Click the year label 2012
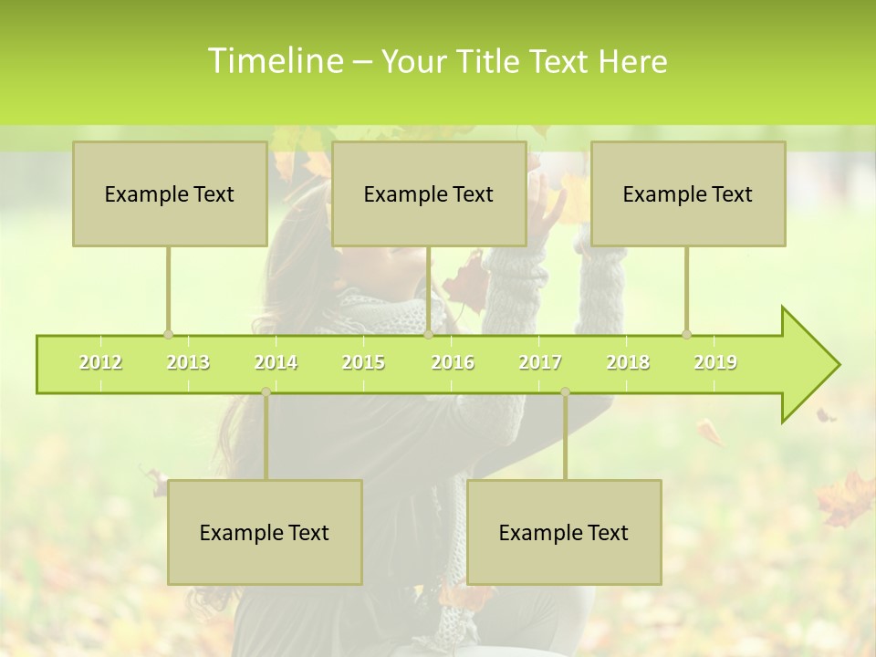coord(100,362)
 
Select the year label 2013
coord(188,362)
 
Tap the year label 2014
coord(276,362)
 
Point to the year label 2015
coord(363,362)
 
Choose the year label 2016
coord(453,362)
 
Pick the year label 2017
coord(540,362)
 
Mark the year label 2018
coord(628,362)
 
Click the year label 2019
coord(715,362)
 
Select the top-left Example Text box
coord(170,193)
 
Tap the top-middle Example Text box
coord(429,193)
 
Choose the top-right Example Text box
coord(688,193)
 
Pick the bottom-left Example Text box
coord(265,532)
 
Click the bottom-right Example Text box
coord(564,532)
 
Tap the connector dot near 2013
coord(168,335)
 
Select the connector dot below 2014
coord(266,391)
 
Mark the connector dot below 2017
coord(565,391)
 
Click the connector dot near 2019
coord(686,335)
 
